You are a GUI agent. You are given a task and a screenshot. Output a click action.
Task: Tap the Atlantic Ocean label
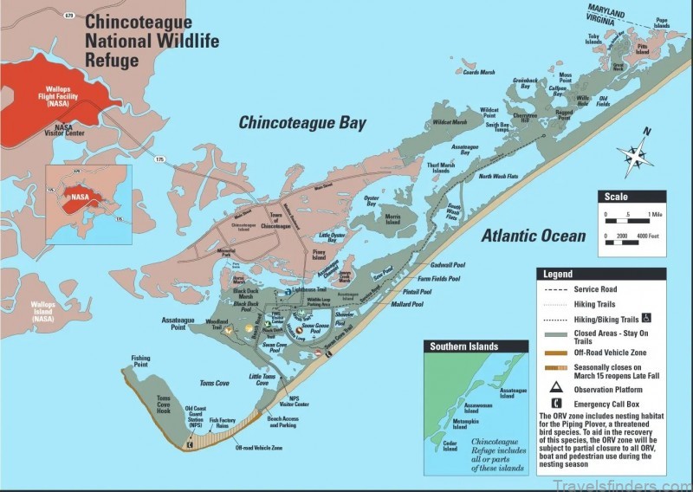click(533, 235)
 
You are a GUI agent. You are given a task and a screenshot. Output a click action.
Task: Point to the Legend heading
click(557, 274)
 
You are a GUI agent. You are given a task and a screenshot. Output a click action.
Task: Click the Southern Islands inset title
click(464, 346)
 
